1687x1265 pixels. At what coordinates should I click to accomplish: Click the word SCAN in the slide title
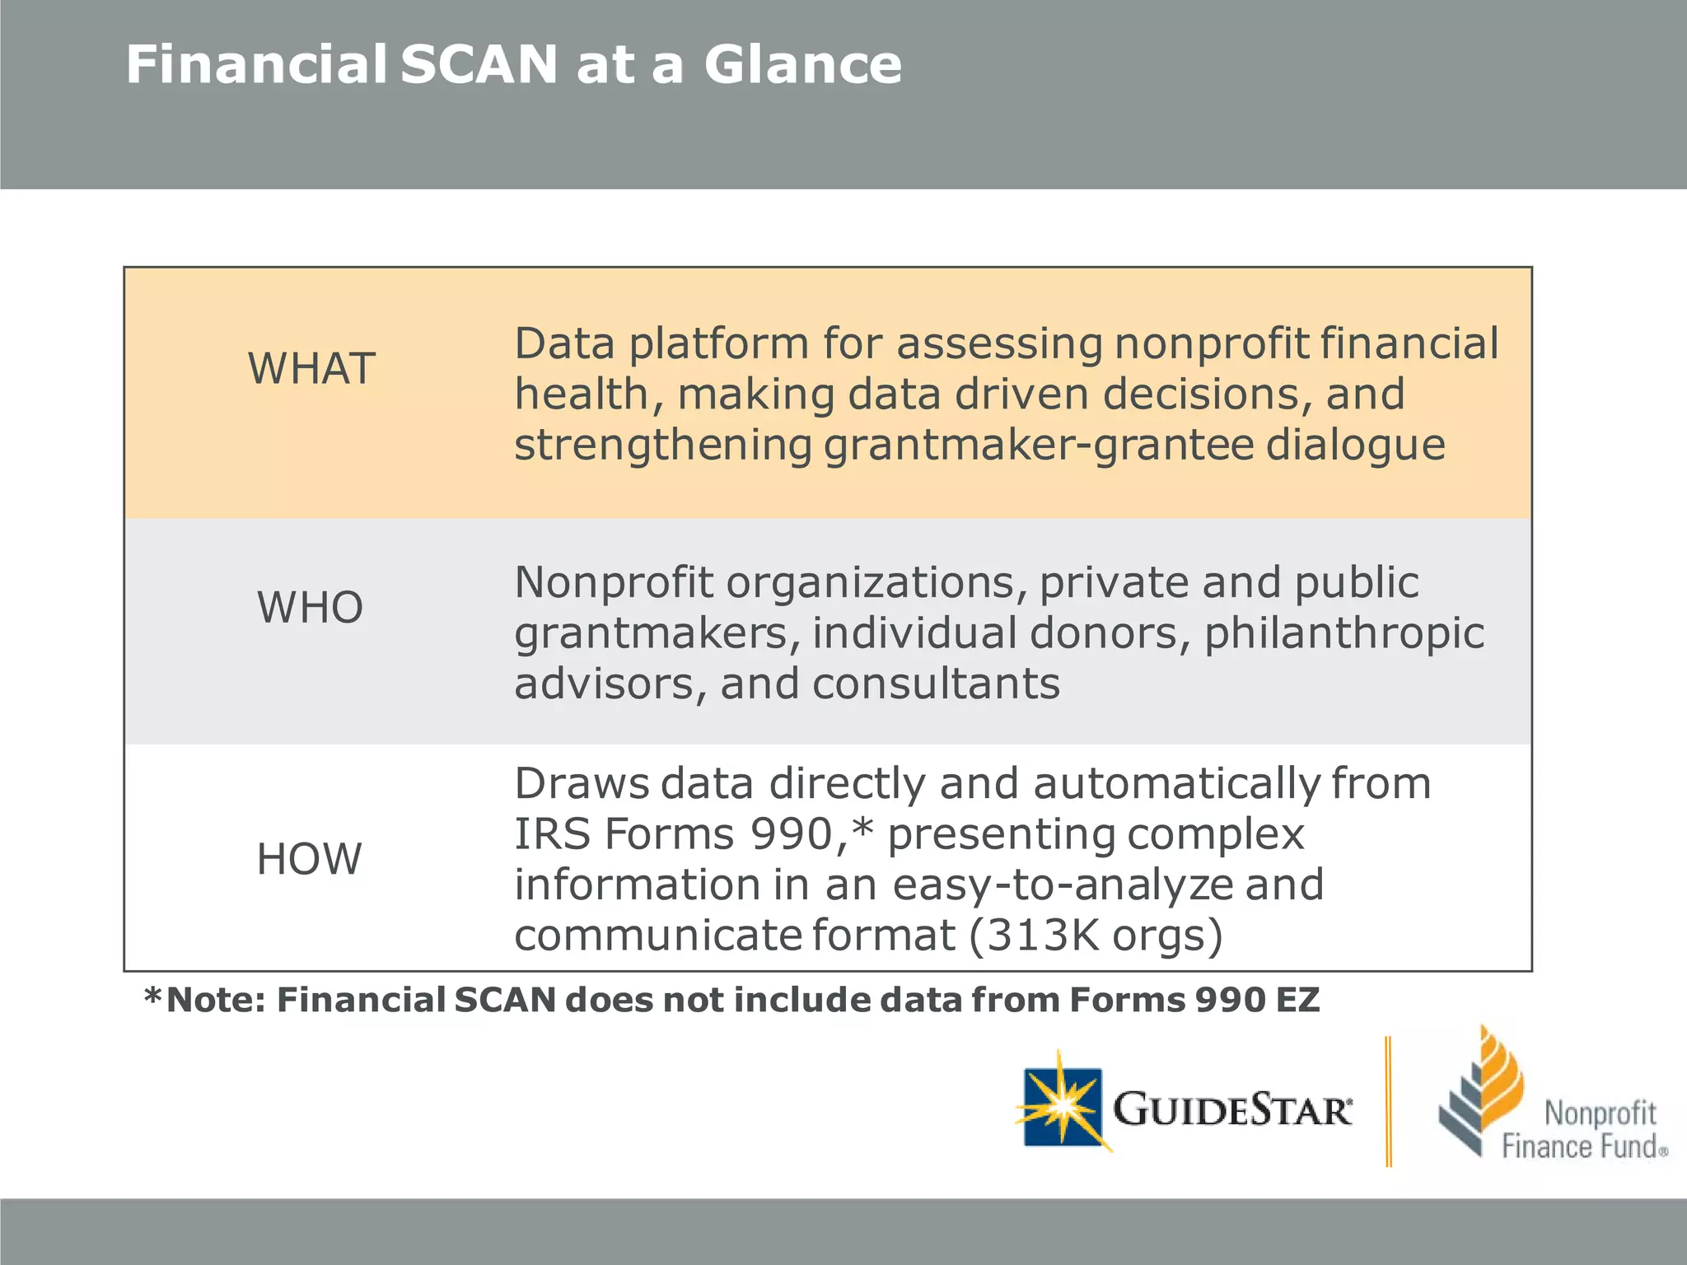[479, 65]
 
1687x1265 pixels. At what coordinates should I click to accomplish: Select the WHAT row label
[311, 368]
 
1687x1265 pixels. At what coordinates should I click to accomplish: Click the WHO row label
[310, 608]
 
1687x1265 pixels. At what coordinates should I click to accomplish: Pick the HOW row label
[309, 859]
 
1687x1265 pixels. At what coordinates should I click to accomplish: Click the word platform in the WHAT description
[719, 344]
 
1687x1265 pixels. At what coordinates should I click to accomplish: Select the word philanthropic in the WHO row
[1344, 634]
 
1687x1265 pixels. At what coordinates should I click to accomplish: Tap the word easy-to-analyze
[1063, 885]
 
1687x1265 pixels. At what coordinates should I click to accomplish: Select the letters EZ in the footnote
[1297, 1000]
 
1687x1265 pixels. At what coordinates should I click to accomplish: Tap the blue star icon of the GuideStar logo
[1063, 1106]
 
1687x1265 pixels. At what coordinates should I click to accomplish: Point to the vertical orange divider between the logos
[1389, 1101]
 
